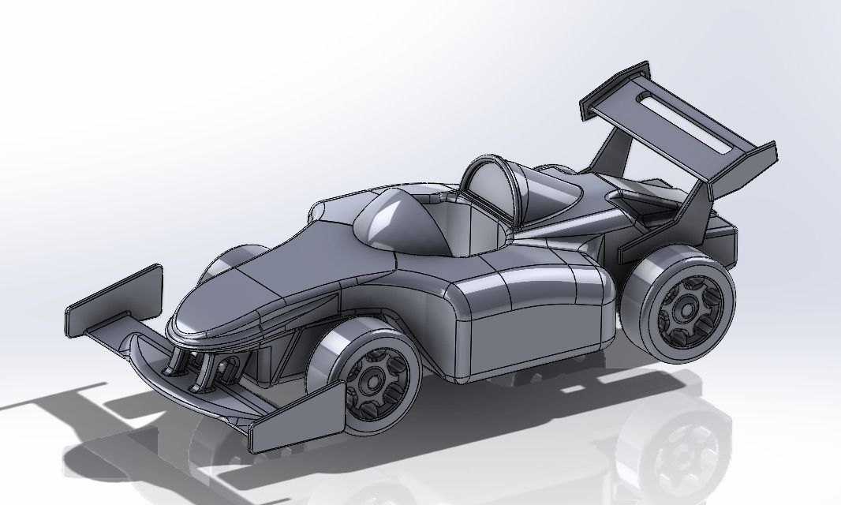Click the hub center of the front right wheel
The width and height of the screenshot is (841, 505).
[372, 381]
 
